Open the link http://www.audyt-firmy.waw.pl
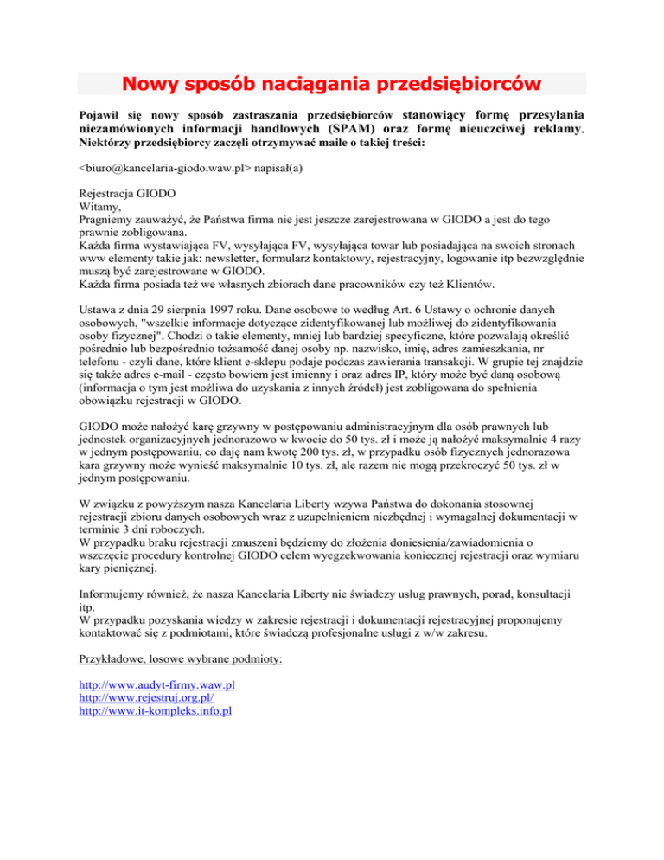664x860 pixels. click(x=157, y=685)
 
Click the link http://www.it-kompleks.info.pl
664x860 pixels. click(x=156, y=714)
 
